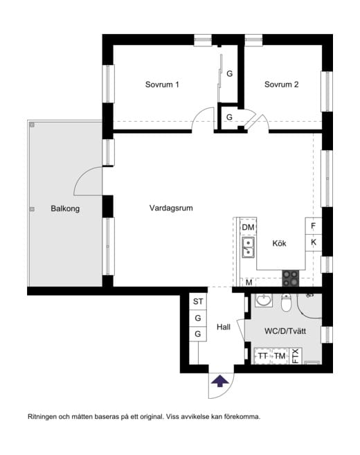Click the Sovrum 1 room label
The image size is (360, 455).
162,85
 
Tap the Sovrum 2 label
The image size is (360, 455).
281,85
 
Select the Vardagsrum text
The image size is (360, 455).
170,207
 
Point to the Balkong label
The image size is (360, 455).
65,208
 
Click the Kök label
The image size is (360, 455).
279,244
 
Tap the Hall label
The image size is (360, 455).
223,327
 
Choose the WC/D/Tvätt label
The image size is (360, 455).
285,332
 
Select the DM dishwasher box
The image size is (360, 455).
248,227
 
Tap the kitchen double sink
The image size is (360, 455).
248,247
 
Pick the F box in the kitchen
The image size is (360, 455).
314,226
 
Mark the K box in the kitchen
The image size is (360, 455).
314,243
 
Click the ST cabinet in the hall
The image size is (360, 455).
198,301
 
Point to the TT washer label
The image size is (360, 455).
262,356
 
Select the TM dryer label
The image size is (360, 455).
280,356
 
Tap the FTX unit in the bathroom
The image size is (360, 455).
296,355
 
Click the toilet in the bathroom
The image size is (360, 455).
287,303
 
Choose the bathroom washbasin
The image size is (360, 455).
263,301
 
